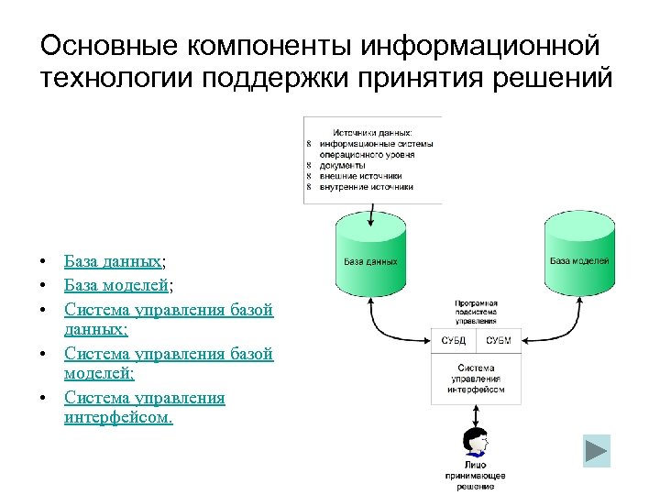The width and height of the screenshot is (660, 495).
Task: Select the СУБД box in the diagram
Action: (453, 341)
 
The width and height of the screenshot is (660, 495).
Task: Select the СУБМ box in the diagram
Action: (499, 341)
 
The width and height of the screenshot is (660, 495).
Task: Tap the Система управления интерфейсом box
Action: (476, 379)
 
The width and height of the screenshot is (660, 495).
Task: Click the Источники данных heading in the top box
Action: (372, 132)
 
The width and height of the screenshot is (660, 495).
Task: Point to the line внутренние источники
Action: (366, 186)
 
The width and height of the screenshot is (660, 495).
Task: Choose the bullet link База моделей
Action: (116, 285)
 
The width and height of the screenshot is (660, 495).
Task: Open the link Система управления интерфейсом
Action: (144, 408)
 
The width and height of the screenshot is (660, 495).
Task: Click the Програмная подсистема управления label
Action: (476, 312)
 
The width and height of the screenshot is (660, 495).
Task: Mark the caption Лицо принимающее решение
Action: (476, 476)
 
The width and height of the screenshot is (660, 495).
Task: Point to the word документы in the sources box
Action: (341, 165)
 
